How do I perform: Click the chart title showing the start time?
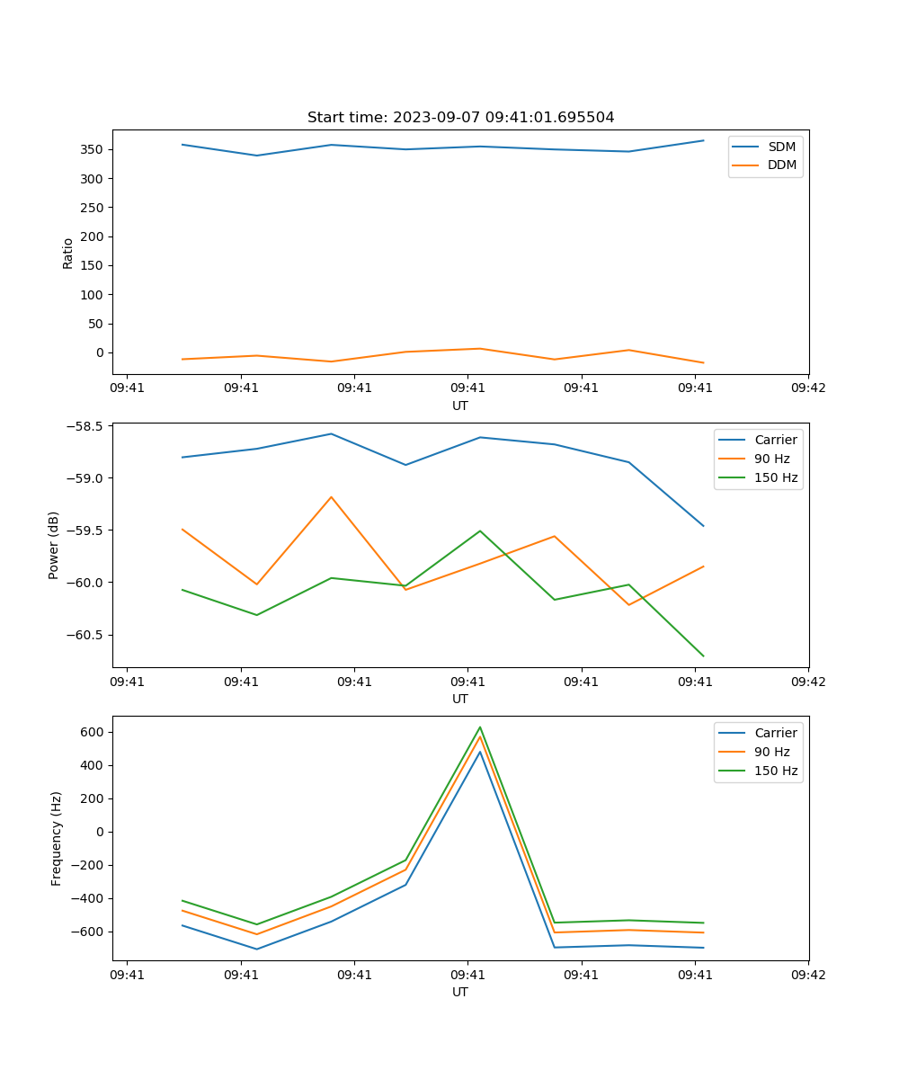pos(460,118)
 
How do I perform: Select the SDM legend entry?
pos(781,147)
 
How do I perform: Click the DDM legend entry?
pos(781,165)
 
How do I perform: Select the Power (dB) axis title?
pos(55,545)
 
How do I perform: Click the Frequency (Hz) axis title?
pos(57,838)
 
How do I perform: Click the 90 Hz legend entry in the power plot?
pos(771,459)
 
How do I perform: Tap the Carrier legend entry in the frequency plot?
pos(775,733)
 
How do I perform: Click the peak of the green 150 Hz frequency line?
pos(480,727)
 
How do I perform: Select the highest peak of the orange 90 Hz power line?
pos(331,497)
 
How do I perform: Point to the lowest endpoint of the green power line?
pos(703,655)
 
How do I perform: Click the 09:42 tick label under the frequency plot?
pos(808,974)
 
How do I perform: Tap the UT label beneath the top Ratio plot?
pos(460,406)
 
